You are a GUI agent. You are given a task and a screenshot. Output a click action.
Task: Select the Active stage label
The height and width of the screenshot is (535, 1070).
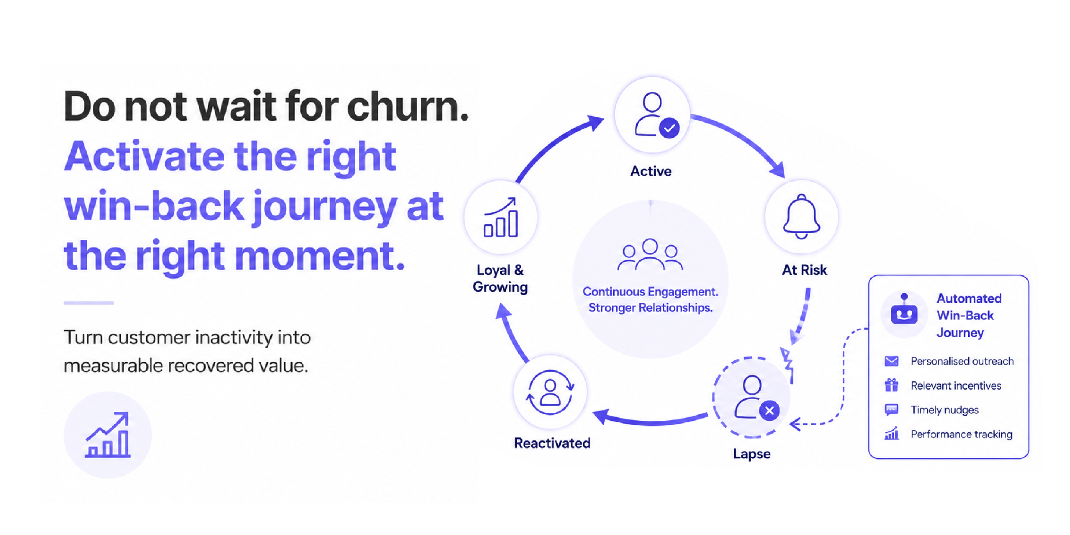[651, 171]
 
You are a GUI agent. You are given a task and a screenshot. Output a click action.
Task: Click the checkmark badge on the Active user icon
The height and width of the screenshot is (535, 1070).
[669, 128]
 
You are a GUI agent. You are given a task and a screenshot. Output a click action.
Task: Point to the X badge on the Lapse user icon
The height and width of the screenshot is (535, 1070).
[769, 411]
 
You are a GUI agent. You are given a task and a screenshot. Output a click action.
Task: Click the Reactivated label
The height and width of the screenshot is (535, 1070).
[552, 443]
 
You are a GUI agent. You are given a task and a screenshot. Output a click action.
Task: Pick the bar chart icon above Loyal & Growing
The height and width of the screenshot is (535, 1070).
[501, 217]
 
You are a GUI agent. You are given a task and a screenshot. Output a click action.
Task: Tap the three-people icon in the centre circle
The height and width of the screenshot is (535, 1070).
[650, 254]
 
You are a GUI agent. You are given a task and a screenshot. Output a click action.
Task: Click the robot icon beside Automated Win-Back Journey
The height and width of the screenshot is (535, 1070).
[904, 310]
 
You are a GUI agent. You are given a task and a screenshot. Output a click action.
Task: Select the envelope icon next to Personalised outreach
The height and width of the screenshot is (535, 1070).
[891, 361]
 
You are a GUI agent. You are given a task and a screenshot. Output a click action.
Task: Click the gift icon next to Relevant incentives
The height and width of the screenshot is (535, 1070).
[891, 385]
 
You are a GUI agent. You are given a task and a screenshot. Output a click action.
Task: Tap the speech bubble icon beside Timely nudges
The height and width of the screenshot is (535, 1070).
[891, 410]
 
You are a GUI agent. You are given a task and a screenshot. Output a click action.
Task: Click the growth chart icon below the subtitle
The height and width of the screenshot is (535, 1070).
[108, 435]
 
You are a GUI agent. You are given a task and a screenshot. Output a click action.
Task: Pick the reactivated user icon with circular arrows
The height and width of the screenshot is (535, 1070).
[550, 393]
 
